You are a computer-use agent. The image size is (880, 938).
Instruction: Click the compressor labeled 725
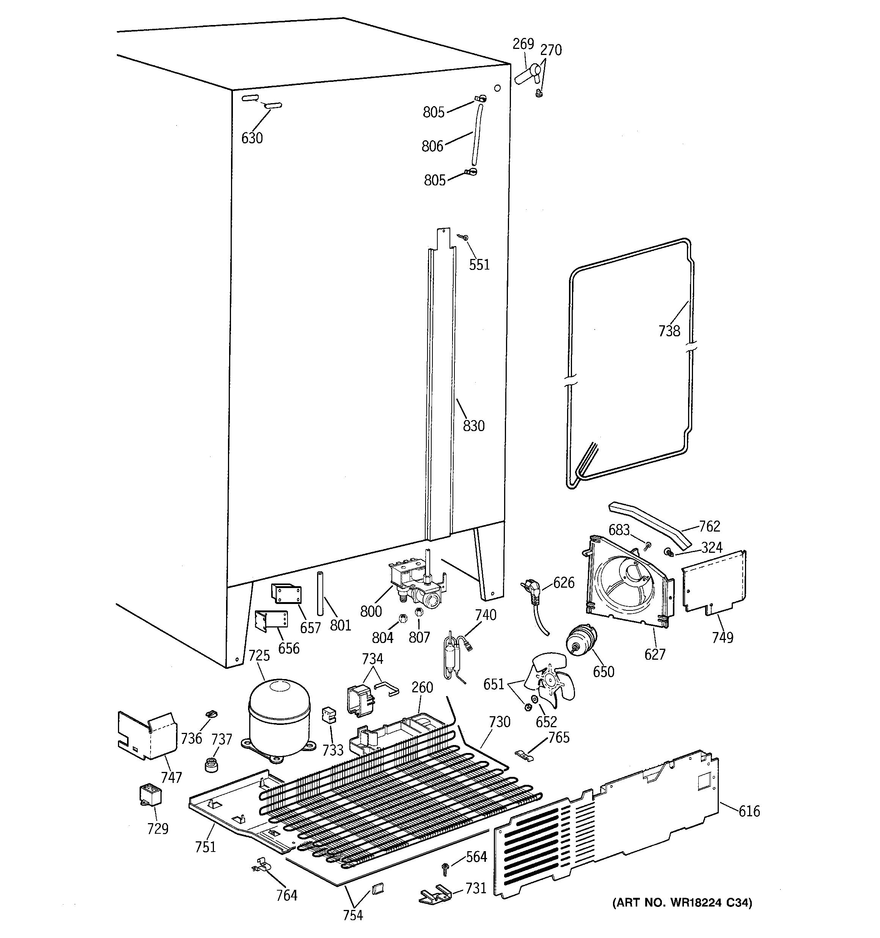(278, 718)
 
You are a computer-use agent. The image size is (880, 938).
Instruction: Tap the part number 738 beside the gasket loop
(669, 331)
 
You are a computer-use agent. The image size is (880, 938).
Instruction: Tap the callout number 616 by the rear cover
(749, 811)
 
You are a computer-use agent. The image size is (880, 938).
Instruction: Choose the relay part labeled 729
(151, 795)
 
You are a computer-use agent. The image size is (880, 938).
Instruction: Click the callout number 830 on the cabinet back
(473, 426)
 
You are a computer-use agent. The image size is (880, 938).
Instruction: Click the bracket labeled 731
(434, 894)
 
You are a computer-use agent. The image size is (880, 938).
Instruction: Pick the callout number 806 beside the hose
(432, 146)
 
